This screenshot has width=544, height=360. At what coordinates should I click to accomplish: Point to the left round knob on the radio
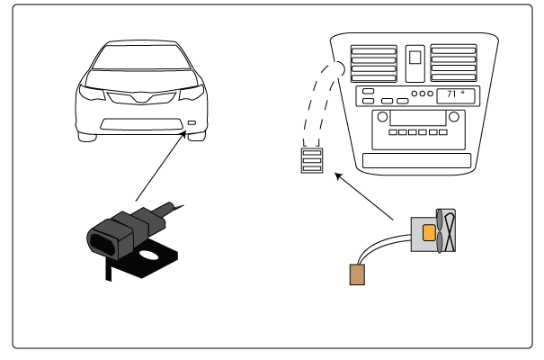coord(383,117)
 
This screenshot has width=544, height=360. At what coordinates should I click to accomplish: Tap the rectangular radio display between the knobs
coord(421,117)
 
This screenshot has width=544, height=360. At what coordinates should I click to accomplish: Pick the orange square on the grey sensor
coord(429,232)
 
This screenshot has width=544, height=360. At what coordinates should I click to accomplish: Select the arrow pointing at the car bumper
coord(161,166)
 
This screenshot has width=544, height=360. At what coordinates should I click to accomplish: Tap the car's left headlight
coord(93,93)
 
